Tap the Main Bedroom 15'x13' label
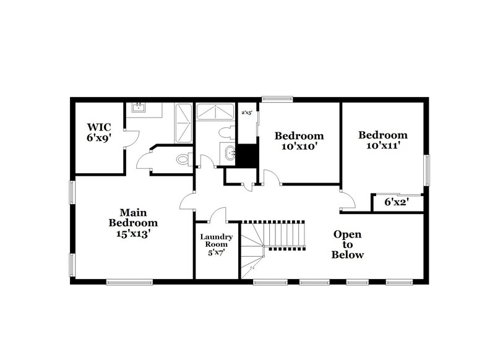click(133, 223)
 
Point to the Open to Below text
click(348, 244)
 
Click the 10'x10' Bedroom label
click(299, 141)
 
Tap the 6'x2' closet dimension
click(396, 202)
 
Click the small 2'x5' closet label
click(246, 113)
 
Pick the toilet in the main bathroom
click(183, 160)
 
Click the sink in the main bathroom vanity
click(137, 108)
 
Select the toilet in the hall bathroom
click(227, 132)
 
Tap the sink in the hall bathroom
click(230, 153)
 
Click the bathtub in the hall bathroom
click(214, 111)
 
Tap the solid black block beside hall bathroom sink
click(249, 155)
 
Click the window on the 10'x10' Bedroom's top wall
click(277, 98)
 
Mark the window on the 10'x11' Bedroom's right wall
click(426, 169)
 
